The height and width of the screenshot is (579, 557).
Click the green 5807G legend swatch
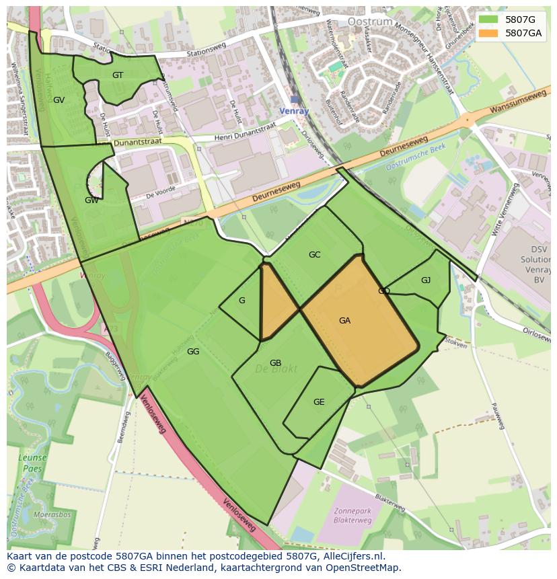[x=488, y=20]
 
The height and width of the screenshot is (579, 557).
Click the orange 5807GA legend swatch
[x=488, y=33]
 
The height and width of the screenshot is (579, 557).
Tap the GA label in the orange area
[x=344, y=321]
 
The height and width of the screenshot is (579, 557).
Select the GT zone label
[x=118, y=75]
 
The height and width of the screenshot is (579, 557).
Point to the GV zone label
[x=59, y=100]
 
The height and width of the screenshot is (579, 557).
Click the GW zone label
[x=91, y=200]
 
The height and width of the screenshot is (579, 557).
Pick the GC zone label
[x=314, y=255]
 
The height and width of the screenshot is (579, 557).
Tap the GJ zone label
[x=426, y=280]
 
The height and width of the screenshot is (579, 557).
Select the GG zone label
[x=193, y=352]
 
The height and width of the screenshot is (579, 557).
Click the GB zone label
[x=275, y=363]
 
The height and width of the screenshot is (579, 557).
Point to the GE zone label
[x=319, y=402]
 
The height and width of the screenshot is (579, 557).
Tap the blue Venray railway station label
[x=293, y=111]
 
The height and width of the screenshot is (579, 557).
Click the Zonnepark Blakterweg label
[x=353, y=515]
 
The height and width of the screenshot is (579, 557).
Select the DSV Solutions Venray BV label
[x=535, y=260]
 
